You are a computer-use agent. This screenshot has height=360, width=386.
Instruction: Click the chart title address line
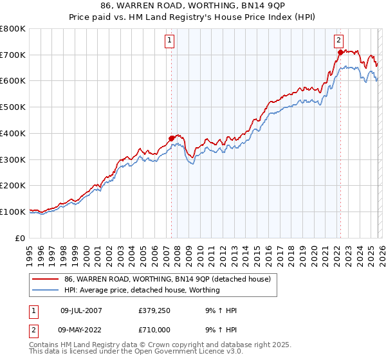[x=193, y=6]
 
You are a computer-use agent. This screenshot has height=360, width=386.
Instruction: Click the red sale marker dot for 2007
[x=172, y=138]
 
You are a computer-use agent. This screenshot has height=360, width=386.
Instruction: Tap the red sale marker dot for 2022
[x=340, y=52]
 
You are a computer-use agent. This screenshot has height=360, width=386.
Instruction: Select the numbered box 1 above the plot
[x=170, y=40]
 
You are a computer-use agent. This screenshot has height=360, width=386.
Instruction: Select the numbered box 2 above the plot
[x=338, y=40]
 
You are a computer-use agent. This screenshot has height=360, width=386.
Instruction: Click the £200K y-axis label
[x=14, y=185]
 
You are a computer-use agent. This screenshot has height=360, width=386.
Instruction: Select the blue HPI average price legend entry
[x=142, y=290]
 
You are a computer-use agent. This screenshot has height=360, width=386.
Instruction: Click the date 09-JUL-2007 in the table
[x=81, y=310]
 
